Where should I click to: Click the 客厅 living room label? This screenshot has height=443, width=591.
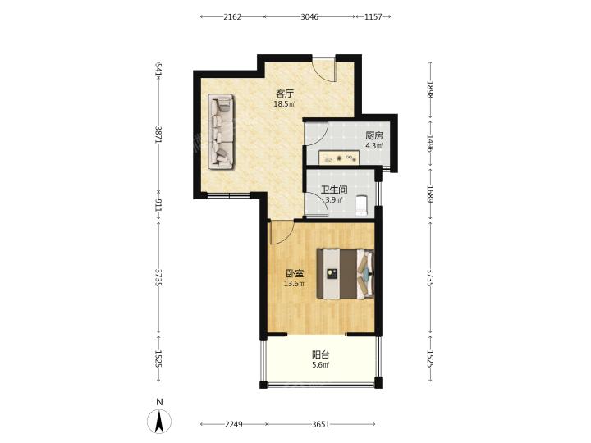point(285,93)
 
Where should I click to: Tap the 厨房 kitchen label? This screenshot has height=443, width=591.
point(374,135)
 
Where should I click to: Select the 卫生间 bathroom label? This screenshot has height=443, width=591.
point(334,190)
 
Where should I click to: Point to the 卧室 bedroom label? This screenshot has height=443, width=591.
point(295,273)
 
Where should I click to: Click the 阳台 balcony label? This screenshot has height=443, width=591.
point(321,354)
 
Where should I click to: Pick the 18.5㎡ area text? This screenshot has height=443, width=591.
point(285,104)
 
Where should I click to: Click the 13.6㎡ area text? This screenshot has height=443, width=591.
point(295,284)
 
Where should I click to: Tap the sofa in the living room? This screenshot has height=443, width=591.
point(222,131)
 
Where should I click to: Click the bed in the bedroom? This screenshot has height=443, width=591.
point(346,274)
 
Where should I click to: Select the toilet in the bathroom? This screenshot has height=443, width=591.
point(361,206)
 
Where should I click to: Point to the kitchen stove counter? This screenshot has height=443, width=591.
point(339,158)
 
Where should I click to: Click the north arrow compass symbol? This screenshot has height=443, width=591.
point(159,421)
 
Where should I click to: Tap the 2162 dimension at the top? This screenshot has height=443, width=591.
point(232,16)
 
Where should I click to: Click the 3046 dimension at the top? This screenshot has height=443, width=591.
point(309,16)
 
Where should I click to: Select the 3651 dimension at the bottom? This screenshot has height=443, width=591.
point(321,425)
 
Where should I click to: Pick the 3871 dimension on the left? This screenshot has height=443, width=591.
point(159,134)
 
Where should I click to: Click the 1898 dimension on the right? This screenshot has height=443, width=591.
point(430,89)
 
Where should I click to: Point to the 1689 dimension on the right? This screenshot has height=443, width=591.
point(430,194)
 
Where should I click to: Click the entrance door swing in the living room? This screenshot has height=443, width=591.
point(323,69)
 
